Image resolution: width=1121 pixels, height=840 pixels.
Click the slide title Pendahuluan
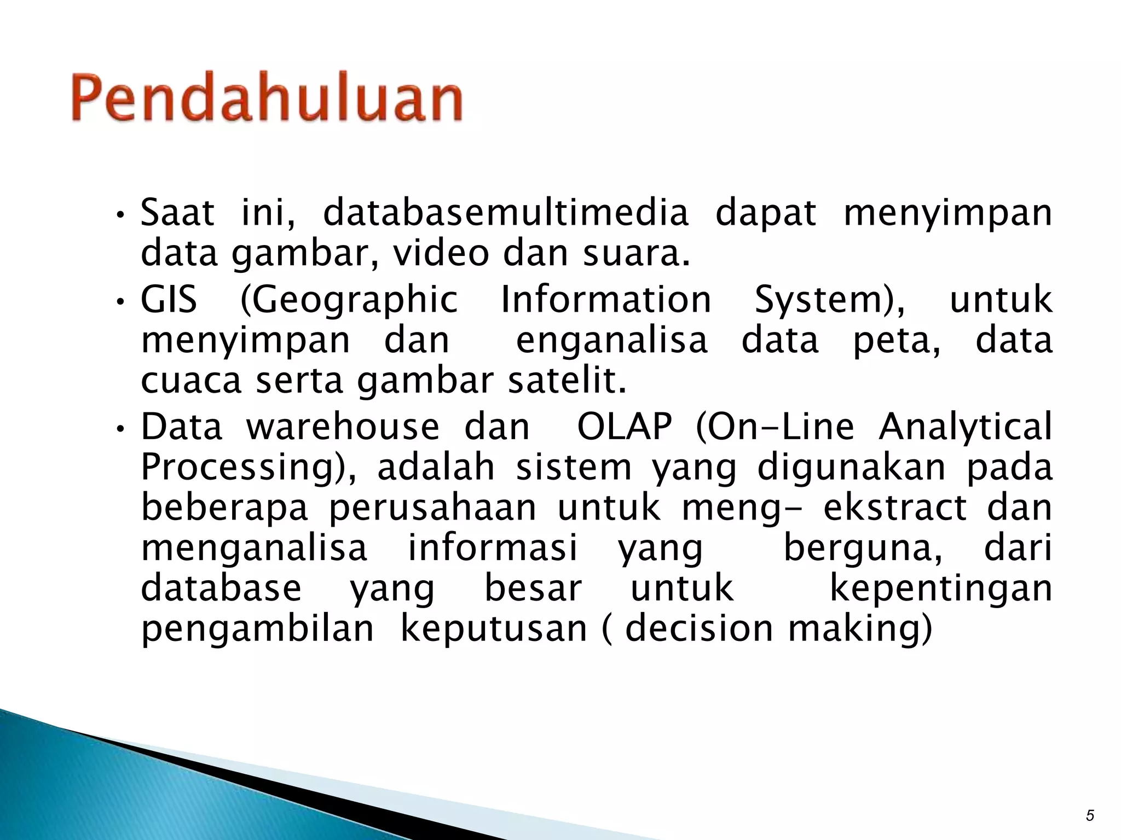267,98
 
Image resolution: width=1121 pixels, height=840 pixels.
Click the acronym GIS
169,300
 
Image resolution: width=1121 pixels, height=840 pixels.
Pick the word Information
606,300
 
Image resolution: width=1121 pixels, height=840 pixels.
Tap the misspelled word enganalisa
612,341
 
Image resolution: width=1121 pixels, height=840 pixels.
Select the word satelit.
567,381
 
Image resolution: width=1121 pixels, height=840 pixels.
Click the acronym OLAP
625,427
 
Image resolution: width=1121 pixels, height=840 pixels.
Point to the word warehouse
343,427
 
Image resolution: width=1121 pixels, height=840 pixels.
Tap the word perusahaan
432,507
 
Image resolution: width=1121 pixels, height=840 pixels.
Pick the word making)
859,629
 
